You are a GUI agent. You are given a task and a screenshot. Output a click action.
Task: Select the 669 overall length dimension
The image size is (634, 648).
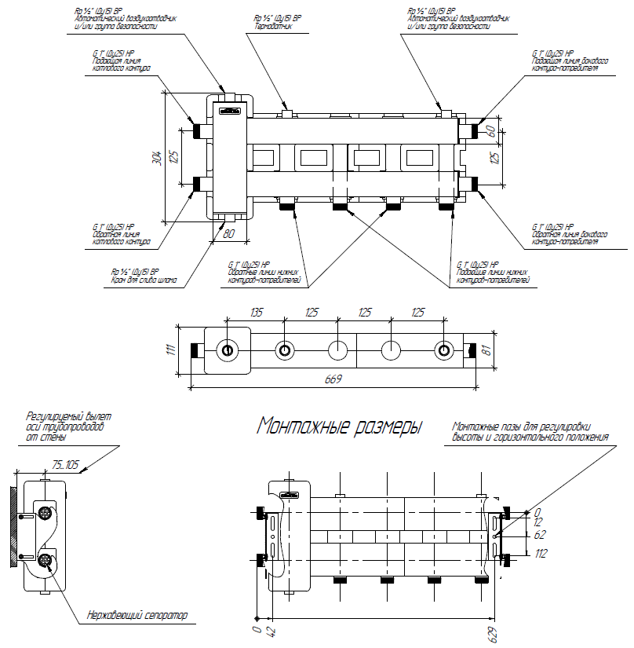pos(334,379)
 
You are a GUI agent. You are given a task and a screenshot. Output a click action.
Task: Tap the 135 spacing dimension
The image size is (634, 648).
pos(255,312)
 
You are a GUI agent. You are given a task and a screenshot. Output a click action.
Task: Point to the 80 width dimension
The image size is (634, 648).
pos(229,233)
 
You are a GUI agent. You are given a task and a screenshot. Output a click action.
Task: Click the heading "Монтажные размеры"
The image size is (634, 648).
pos(340,427)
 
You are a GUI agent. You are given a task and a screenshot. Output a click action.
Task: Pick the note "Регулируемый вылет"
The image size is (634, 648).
pos(69,416)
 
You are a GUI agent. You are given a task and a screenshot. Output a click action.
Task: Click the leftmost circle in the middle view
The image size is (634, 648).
pos(228,350)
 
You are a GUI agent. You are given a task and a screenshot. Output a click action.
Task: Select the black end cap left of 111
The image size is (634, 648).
pos(193,350)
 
